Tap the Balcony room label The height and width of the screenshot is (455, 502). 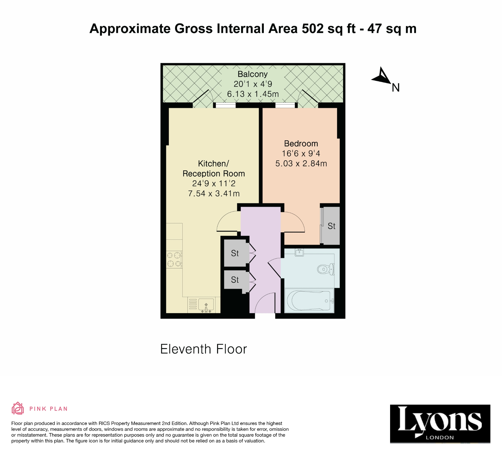[x=252, y=74]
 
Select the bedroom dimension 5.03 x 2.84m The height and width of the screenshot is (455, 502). [x=301, y=164]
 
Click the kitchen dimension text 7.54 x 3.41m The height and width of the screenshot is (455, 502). [x=214, y=194]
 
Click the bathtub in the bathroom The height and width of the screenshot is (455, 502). [x=309, y=301]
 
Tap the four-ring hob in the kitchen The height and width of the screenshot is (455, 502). [x=174, y=259]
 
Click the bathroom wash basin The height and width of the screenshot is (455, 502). [x=299, y=252]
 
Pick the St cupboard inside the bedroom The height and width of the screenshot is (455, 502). [x=331, y=226]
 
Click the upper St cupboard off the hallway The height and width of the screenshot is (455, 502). [x=235, y=253]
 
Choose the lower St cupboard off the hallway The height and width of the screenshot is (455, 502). [x=235, y=280]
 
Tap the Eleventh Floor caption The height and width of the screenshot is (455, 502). [x=203, y=349]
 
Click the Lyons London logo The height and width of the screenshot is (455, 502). [x=440, y=424]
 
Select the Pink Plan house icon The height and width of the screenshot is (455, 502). [x=18, y=408]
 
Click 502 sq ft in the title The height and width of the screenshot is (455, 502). [x=329, y=28]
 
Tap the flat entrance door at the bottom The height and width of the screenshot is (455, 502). [x=265, y=303]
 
